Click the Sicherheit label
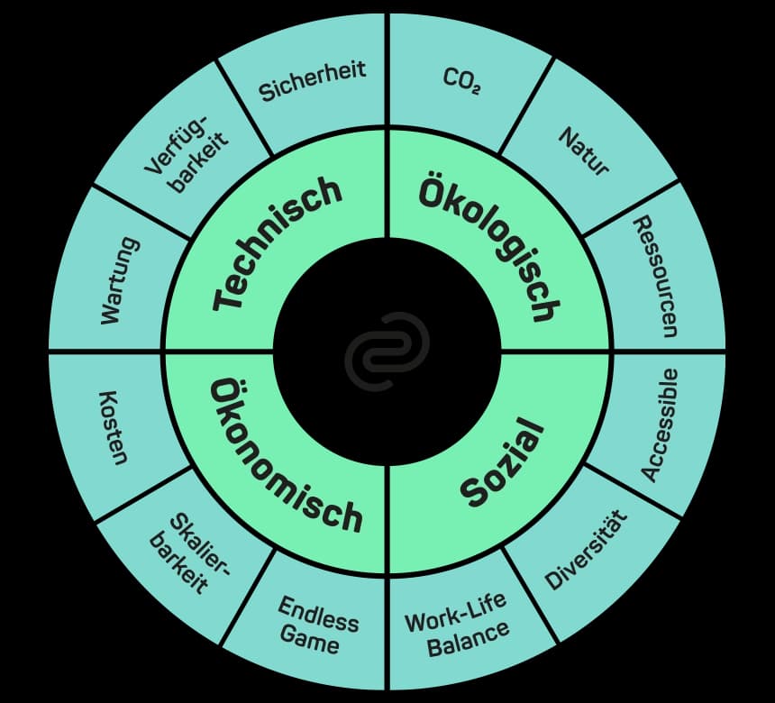click(x=312, y=81)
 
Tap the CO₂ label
click(x=461, y=80)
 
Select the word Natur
click(x=583, y=151)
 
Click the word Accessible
click(x=660, y=425)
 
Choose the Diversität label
click(x=586, y=551)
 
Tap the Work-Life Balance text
click(x=457, y=625)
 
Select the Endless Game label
click(x=317, y=625)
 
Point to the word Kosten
click(x=114, y=427)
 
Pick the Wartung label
click(x=119, y=281)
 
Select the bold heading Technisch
click(x=278, y=243)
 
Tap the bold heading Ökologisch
click(x=489, y=246)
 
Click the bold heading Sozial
click(x=502, y=461)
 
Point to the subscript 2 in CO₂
click(x=476, y=90)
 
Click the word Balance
click(x=468, y=640)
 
